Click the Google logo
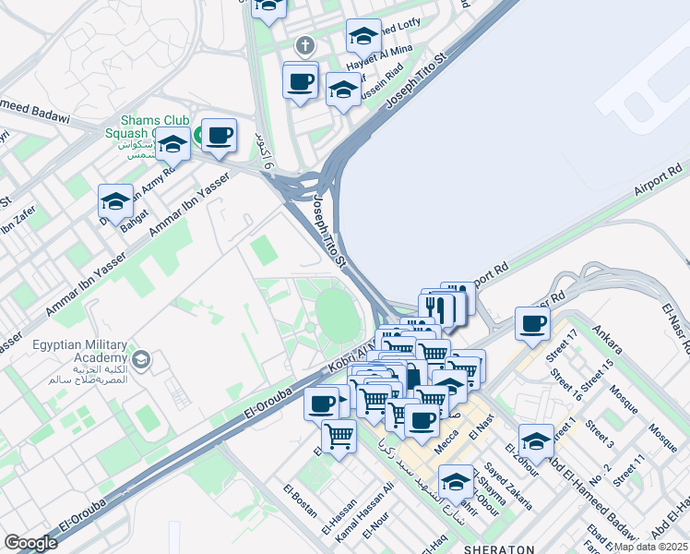[30, 543]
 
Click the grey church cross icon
[305, 45]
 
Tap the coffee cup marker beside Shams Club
[219, 136]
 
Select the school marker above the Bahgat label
[116, 201]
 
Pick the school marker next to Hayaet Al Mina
[363, 36]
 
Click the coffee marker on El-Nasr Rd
[532, 323]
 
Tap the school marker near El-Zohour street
[536, 441]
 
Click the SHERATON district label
[499, 548]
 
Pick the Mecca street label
[446, 442]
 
